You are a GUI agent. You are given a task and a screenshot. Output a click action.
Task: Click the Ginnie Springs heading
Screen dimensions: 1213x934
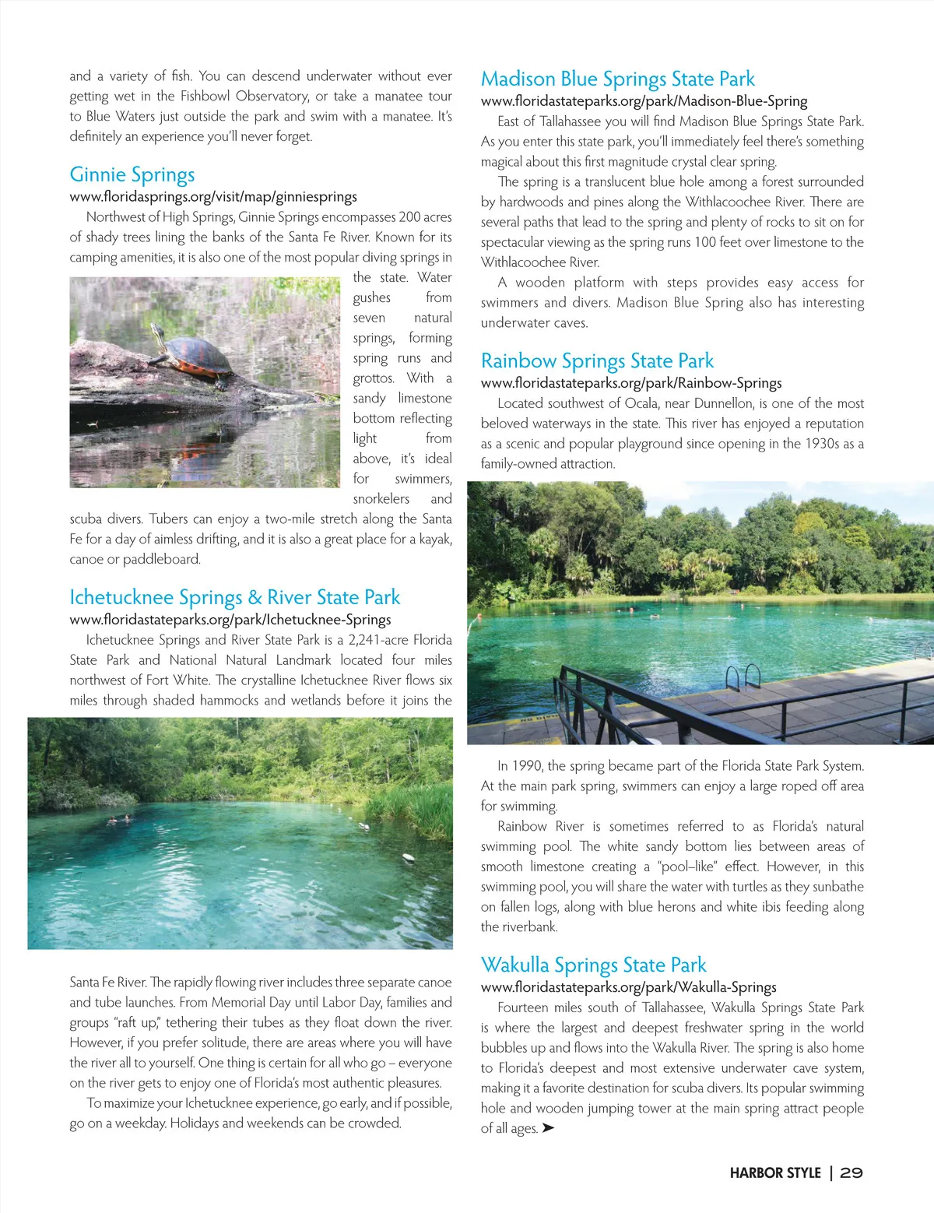[x=132, y=175]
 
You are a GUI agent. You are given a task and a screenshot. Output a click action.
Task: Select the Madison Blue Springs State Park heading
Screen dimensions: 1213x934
[x=618, y=79]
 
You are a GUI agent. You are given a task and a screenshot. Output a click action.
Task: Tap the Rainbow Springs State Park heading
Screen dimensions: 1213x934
[x=597, y=361]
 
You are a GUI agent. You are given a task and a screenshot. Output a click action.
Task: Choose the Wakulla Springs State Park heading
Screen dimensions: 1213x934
[x=593, y=965]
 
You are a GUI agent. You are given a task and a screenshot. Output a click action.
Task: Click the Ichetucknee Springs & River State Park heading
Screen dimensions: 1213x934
[x=234, y=598]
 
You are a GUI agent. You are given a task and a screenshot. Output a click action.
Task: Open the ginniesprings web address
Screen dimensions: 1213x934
[x=213, y=197]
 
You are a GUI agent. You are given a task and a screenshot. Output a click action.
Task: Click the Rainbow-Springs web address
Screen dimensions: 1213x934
[x=631, y=383]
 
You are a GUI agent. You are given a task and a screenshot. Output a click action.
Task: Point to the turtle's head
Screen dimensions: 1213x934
[x=158, y=330]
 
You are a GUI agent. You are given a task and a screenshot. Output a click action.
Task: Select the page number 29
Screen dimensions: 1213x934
[x=851, y=1173]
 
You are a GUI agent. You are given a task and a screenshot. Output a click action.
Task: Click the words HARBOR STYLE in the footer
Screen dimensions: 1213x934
[x=775, y=1173]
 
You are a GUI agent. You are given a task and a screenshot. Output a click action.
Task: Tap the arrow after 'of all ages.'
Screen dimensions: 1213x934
[x=548, y=1128]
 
